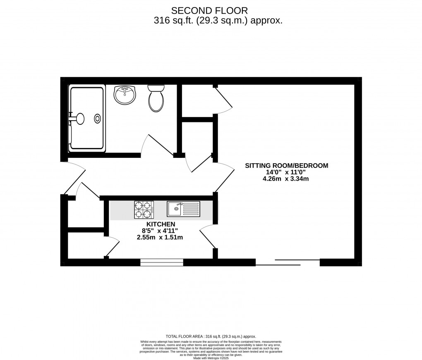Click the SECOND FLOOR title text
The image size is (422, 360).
point(211,10)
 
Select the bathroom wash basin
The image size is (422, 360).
point(125,95)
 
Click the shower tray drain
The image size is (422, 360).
point(98,119)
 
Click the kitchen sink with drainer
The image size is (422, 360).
point(183,209)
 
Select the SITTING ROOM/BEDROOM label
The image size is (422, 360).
point(286,166)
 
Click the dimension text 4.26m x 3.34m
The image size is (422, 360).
point(286,179)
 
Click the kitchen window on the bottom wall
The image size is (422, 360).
point(162,262)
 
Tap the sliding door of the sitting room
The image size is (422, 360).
point(288,262)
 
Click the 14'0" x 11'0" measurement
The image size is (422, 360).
point(286,172)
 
